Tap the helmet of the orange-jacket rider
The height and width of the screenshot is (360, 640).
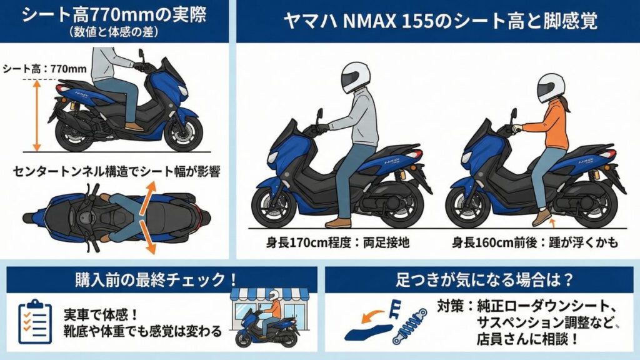pyautogui.click(x=551, y=87)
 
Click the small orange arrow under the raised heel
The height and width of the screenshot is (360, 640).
pyautogui.click(x=549, y=217)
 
